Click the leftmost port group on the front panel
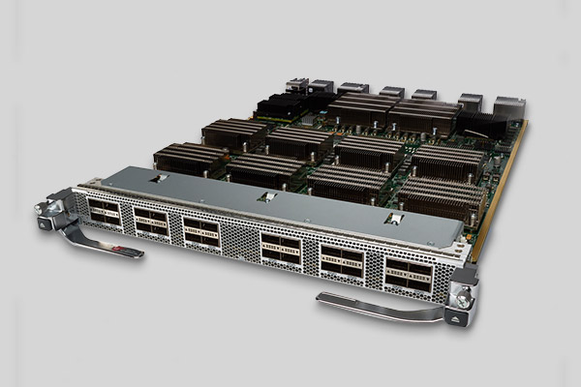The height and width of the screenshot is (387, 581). tap(105, 212)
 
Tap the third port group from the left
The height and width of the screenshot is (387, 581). tap(200, 231)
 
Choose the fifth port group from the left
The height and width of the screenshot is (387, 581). tap(340, 260)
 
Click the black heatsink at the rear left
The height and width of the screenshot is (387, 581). tap(281, 103)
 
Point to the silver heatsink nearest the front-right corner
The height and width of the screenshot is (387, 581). tap(441, 196)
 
